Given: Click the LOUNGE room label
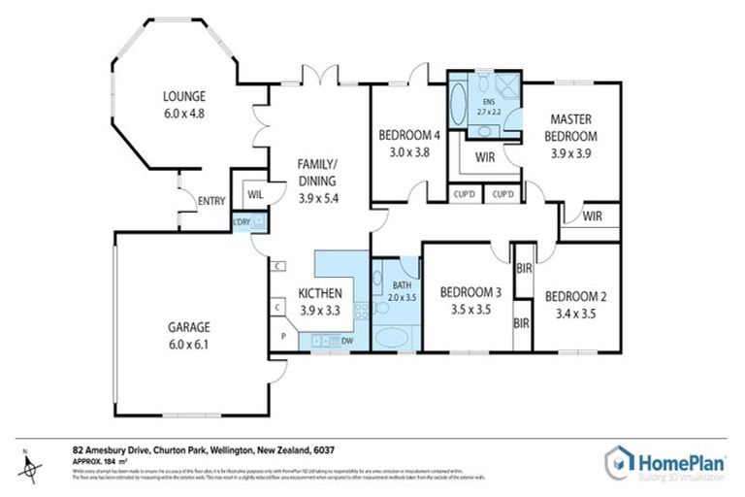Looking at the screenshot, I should coord(183,96).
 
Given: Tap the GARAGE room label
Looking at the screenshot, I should coord(187,327).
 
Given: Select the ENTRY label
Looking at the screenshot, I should coord(211,201).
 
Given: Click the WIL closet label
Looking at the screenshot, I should coord(255,194).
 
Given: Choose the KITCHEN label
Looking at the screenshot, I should coord(319,292).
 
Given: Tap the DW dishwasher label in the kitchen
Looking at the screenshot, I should coord(346,340).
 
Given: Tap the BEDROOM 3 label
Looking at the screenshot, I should coord(470,292).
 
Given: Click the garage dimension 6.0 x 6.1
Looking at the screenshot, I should coord(187,344).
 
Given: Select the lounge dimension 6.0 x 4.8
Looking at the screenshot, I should coord(183,113).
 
